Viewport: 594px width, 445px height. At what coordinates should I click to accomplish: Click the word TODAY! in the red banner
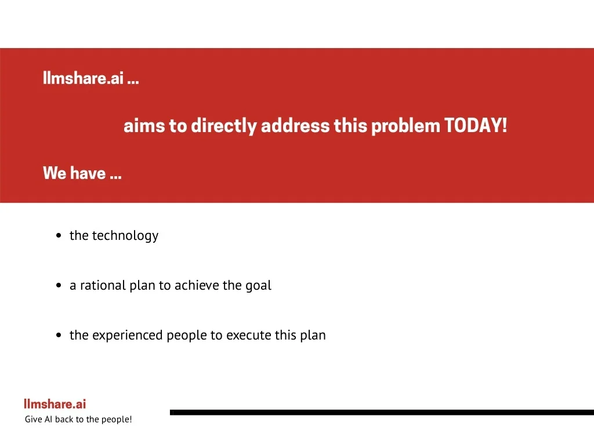[x=476, y=125]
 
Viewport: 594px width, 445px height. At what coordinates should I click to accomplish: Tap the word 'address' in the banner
[x=295, y=126]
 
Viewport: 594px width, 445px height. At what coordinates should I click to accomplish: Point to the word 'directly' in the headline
[x=224, y=126]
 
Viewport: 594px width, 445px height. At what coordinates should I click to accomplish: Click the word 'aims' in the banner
[x=144, y=126]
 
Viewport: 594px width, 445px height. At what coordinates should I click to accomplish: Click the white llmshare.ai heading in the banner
[x=91, y=78]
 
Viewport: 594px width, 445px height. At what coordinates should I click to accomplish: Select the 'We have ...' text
[x=82, y=173]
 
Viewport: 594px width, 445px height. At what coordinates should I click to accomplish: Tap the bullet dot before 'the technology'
[x=59, y=235]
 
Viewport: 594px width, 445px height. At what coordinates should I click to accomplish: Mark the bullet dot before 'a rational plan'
[x=59, y=285]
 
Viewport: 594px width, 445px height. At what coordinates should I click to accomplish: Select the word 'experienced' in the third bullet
[x=128, y=335]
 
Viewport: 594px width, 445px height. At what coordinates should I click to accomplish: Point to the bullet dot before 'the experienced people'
[x=59, y=335]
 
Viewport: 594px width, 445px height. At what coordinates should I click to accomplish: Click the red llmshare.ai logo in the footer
[x=55, y=404]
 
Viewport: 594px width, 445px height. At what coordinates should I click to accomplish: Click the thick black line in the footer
[x=382, y=413]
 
